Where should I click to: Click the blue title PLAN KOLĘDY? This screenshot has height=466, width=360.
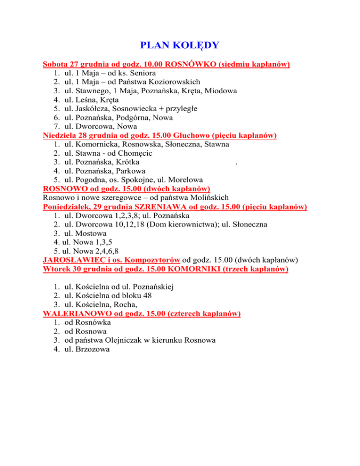[x=180, y=45]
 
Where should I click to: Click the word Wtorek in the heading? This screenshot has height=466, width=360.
[x=56, y=269]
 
